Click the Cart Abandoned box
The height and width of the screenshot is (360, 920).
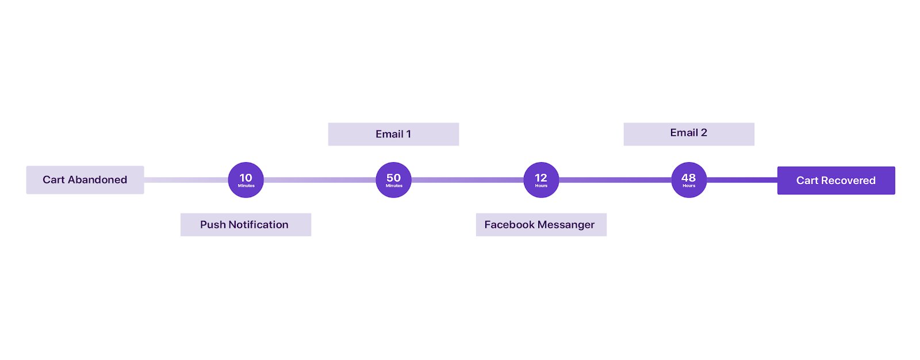click(85, 180)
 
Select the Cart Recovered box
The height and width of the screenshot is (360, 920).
click(835, 181)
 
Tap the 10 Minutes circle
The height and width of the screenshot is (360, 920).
click(246, 180)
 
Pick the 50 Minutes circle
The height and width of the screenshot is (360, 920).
click(393, 180)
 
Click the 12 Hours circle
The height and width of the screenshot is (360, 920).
click(541, 180)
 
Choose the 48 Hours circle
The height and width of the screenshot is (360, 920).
click(689, 180)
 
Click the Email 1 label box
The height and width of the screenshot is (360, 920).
click(393, 134)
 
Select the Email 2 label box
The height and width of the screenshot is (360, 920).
click(689, 133)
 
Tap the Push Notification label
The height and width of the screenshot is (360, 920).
click(246, 225)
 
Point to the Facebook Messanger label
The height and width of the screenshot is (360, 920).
click(541, 225)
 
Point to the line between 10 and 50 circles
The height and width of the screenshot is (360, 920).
click(320, 180)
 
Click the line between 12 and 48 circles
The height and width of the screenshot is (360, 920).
click(615, 180)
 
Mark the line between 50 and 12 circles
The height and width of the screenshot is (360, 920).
click(467, 180)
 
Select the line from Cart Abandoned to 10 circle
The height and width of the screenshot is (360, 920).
click(186, 180)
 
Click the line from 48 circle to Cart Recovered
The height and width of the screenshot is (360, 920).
click(742, 180)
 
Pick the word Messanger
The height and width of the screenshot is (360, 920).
click(568, 225)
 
